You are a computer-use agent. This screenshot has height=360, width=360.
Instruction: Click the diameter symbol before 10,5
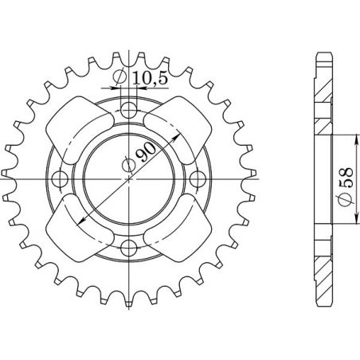[x=119, y=77]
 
